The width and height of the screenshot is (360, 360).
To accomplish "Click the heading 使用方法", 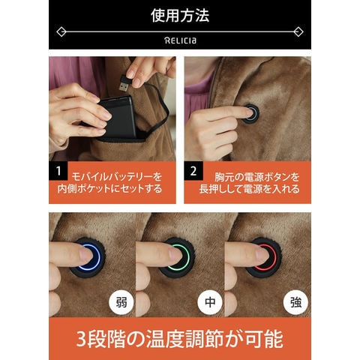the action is [180, 15].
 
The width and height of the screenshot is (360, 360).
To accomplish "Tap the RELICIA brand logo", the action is [180, 40].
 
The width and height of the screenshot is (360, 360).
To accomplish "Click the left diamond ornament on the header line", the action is [61, 32].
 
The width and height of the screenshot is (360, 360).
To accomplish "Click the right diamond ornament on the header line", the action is [298, 32].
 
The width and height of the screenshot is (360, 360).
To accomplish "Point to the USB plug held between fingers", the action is [124, 82].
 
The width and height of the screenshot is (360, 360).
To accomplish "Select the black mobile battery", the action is [118, 118].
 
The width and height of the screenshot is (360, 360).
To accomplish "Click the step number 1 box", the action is [58, 171].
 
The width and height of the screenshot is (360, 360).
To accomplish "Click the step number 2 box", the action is [193, 171].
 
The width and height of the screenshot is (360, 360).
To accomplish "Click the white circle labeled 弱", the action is [121, 302].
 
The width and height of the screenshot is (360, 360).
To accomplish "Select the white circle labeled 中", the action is [210, 302].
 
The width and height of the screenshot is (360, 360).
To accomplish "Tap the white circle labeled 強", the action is [295, 302].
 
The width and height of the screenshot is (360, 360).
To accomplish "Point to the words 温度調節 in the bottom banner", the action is [184, 339].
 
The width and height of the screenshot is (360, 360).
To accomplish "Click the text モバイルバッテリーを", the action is [117, 177].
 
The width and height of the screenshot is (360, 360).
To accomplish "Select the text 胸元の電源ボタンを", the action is [257, 177].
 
